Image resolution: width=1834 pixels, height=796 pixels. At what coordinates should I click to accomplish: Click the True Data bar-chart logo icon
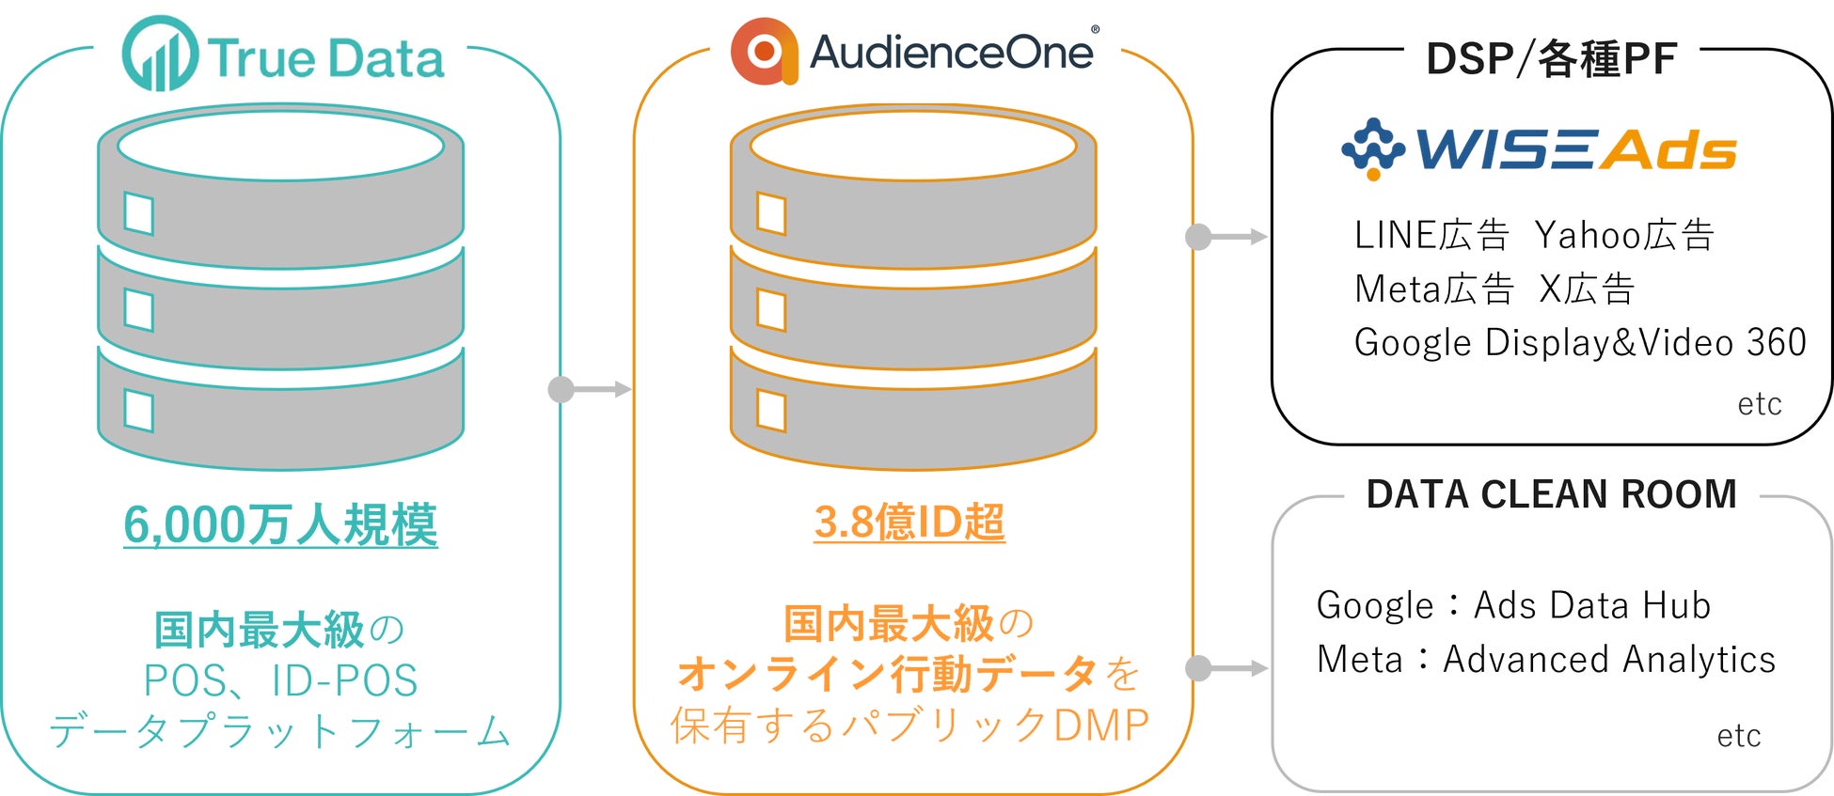point(160,55)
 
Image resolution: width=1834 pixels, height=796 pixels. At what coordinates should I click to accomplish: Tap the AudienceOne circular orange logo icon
point(764,51)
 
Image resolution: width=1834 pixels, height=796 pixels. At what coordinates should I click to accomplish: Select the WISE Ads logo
point(1539,148)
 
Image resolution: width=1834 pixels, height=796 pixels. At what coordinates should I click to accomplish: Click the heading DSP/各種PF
point(1551,59)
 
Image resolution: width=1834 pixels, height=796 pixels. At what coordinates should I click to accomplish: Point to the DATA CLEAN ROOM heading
point(1551,494)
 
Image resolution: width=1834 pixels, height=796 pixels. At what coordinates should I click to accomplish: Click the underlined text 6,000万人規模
point(280,524)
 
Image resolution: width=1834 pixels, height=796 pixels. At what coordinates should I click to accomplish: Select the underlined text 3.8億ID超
point(909,523)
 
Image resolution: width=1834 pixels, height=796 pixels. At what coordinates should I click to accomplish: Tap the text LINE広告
point(1431,235)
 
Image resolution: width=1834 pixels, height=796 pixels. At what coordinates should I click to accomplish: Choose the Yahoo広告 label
point(1624,235)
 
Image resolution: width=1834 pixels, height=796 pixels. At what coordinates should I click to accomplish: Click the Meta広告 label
point(1433,289)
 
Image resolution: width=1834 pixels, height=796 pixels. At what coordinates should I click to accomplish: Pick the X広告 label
point(1587,289)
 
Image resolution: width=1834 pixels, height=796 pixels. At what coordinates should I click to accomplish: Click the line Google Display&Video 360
point(1580,342)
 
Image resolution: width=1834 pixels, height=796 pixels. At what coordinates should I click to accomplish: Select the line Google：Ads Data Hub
point(1513,605)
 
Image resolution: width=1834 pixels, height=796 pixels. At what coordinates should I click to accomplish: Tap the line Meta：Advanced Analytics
point(1546,659)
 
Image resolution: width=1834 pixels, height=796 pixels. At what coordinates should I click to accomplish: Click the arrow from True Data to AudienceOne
point(591,389)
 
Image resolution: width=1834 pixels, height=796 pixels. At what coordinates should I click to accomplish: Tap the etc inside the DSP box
point(1759,404)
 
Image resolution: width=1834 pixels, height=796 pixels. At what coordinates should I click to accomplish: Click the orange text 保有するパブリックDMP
point(909,726)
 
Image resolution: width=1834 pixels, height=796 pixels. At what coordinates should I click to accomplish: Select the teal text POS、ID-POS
point(280,680)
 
